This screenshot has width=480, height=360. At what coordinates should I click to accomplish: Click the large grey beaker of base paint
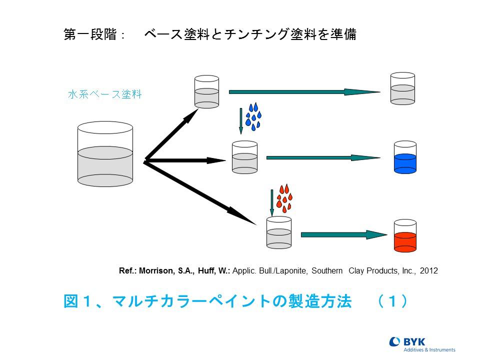[x=105, y=154]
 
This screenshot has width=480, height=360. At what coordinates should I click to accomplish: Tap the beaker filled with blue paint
[x=405, y=157]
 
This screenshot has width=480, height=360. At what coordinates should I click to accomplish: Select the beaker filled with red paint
[x=405, y=235]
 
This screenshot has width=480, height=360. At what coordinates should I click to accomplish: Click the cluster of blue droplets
[x=253, y=116]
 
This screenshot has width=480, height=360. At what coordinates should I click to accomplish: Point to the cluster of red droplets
[x=284, y=198]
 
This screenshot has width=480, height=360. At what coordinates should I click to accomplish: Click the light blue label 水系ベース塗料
[x=105, y=94]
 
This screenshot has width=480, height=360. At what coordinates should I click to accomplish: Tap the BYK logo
[x=422, y=344]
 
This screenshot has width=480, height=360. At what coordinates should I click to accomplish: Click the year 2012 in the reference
[x=428, y=270]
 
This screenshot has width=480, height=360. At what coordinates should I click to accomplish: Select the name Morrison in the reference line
[x=156, y=270]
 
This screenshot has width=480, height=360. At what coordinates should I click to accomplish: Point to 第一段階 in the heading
[x=90, y=34]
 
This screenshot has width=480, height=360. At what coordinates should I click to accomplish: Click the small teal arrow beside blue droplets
[x=241, y=121]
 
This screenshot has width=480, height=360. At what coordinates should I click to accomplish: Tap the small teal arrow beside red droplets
[x=272, y=202]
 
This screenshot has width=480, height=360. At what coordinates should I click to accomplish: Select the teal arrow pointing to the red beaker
[x=344, y=235]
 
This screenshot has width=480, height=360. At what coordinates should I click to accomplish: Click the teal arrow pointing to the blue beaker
[x=323, y=157]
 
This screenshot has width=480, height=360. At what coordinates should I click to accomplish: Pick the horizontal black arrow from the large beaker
[x=185, y=160]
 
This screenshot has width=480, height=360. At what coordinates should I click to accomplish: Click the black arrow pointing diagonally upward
[x=171, y=134]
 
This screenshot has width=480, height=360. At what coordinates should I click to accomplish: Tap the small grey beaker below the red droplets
[x=279, y=232]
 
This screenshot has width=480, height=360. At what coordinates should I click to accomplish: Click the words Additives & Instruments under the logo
[x=429, y=349]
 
